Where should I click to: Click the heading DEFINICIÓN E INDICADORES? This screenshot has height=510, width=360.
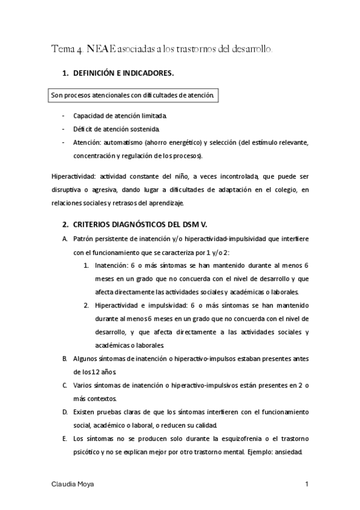coord(123,73)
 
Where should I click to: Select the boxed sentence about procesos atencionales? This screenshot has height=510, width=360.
coord(132,95)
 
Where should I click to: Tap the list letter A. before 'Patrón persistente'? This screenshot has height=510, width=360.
coord(65,239)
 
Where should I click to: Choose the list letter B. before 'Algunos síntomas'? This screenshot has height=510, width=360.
coord(65,358)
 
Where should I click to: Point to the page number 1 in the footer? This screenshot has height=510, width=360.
coord(307,484)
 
